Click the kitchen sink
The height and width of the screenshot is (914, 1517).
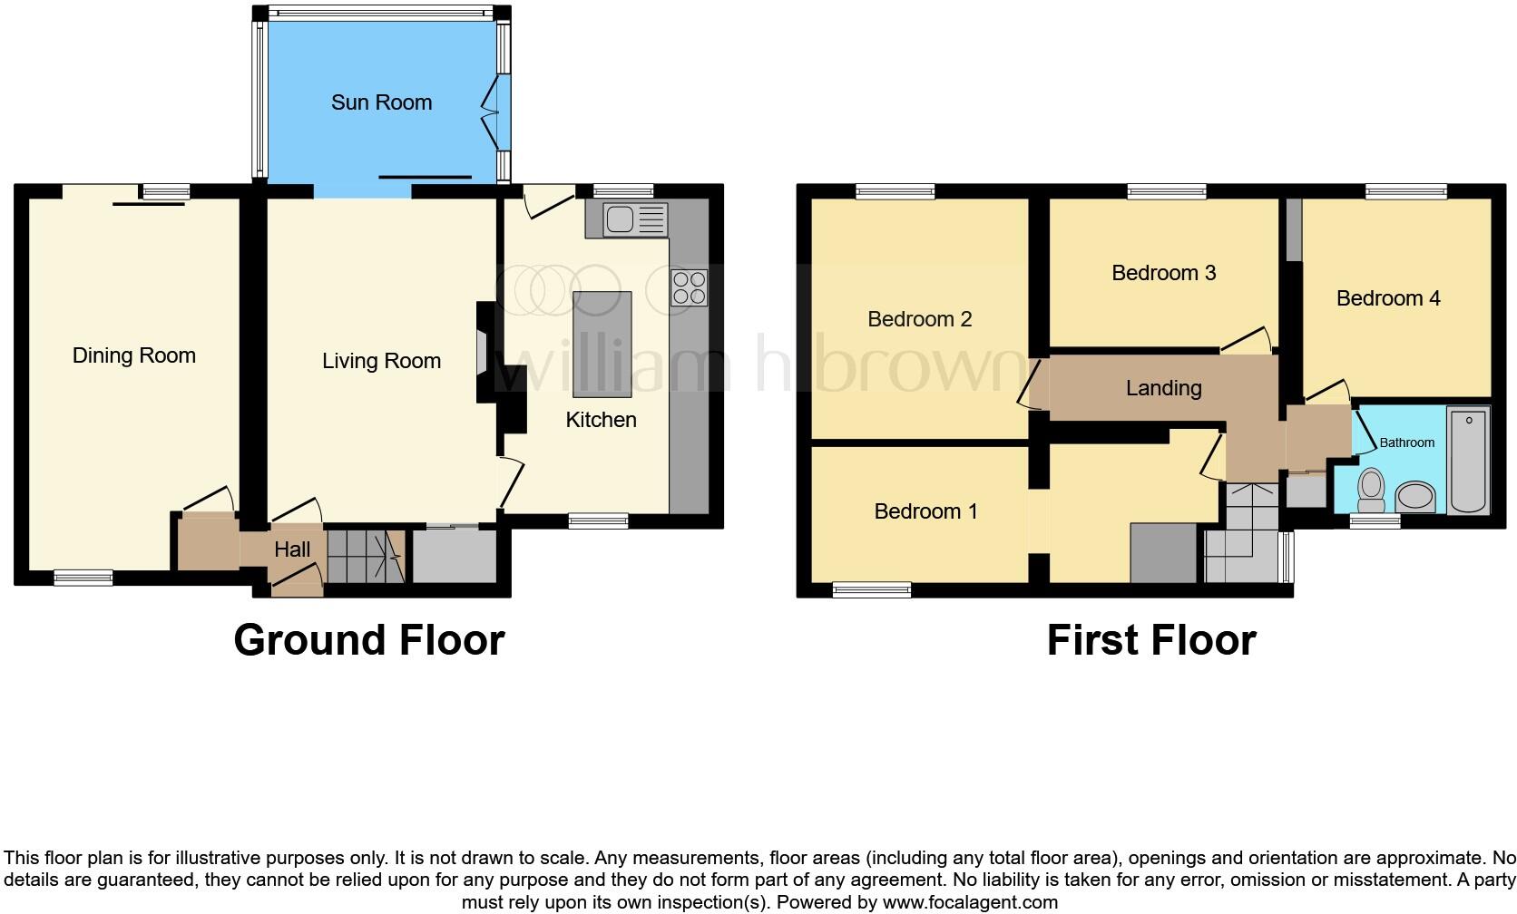tap(627, 220)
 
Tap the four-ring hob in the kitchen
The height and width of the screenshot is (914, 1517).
tap(689, 287)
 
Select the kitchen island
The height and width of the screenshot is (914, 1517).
tap(602, 345)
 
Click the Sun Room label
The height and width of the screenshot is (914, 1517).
tap(381, 102)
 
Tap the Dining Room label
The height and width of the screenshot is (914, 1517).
tap(134, 355)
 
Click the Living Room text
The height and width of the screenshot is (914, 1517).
tap(381, 361)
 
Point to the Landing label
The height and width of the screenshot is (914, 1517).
tap(1163, 388)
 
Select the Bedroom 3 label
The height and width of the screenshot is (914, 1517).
tap(1163, 273)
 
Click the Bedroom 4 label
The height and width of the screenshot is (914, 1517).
tap(1387, 298)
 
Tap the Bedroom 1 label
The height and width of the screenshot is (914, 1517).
tap(925, 511)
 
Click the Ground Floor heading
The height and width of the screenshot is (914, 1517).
tap(368, 640)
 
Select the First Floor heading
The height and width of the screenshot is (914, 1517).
tap(1150, 640)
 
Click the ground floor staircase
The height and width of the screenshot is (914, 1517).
tap(365, 556)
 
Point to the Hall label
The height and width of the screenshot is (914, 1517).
tap(292, 549)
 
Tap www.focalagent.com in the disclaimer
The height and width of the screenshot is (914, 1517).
tap(969, 902)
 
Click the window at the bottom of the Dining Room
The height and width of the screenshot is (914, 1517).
tap(83, 578)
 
